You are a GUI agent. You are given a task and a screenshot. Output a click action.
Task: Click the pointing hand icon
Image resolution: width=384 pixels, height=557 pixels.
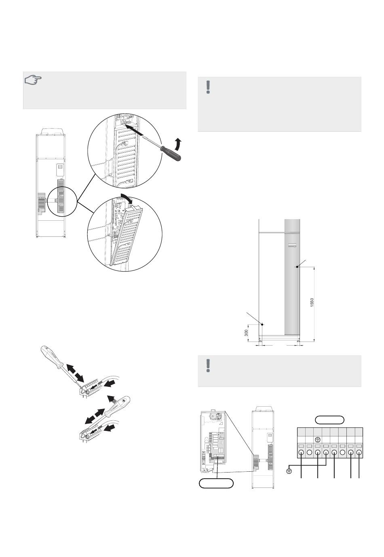(33, 80)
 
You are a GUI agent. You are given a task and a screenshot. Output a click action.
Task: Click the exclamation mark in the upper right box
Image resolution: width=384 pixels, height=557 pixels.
(208, 87)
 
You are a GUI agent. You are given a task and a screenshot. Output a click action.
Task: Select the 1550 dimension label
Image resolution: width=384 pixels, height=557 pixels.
(312, 302)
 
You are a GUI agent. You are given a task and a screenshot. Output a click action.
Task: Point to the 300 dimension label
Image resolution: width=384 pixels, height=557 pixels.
(246, 333)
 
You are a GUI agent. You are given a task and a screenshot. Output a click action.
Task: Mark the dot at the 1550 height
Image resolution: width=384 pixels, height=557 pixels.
(297, 267)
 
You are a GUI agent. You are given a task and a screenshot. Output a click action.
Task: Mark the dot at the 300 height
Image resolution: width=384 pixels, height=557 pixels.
(262, 324)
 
